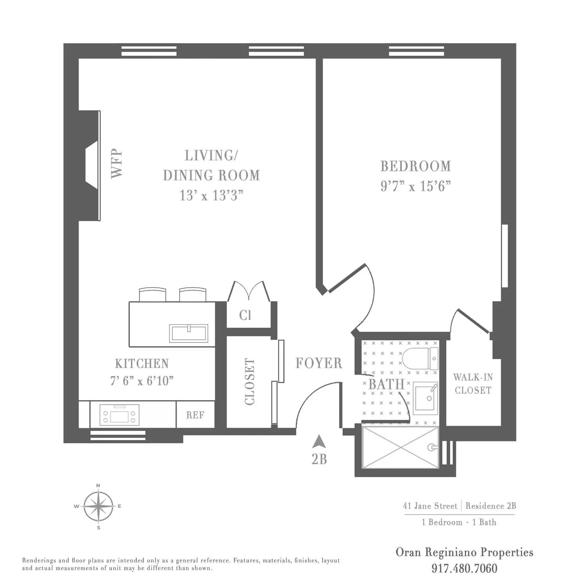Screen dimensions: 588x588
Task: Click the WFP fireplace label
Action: (117, 163)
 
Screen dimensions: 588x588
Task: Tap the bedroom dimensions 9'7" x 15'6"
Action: (416, 186)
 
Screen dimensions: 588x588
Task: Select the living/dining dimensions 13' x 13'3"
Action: (211, 195)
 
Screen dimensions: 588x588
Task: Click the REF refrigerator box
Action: (195, 414)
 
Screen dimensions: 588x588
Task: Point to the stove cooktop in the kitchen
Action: (120, 415)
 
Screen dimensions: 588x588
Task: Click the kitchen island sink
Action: (189, 333)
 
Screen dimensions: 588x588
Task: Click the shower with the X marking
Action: (400, 447)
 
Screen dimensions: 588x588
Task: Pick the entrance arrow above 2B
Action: (319, 441)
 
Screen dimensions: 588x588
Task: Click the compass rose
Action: (98, 506)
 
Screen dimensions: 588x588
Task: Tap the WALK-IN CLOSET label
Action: (473, 384)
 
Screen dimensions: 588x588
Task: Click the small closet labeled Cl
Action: (245, 315)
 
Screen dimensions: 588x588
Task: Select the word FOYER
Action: (319, 363)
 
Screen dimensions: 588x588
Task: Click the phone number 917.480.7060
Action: (465, 568)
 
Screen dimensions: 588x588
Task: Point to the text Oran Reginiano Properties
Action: (465, 552)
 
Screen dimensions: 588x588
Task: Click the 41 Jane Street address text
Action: (430, 506)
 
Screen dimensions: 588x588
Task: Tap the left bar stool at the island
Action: (152, 295)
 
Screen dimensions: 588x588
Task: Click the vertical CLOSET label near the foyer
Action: (249, 381)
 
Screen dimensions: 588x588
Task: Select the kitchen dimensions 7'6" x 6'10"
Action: (142, 381)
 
